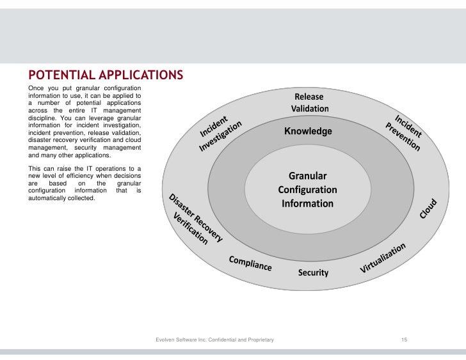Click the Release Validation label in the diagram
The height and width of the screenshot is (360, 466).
pos(310,102)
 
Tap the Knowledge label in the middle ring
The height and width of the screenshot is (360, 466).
pos(308,131)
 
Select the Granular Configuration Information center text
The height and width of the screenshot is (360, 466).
pos(307,189)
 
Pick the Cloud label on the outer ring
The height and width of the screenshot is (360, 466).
pos(428,208)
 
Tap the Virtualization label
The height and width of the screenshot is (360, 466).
pos(383,258)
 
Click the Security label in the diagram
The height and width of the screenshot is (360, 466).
pos(313,273)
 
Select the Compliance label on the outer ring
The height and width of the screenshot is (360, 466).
pos(250,263)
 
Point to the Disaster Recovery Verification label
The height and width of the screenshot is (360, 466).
pos(193,219)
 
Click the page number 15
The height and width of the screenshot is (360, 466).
pos(404,339)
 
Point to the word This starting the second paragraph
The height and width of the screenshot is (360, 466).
pos(36,169)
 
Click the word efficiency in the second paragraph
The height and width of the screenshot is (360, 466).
pos(86,176)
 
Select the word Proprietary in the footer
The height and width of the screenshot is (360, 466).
pos(260,339)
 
